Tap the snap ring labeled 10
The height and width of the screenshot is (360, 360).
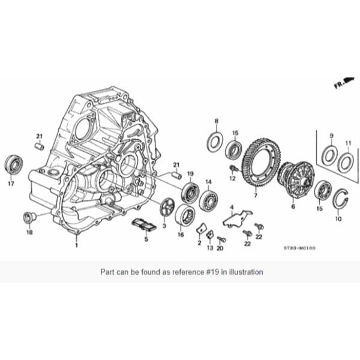(x=340, y=198)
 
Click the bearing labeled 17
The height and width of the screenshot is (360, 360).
(x=13, y=163)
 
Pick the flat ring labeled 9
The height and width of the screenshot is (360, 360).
(x=329, y=156)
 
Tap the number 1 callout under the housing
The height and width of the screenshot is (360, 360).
(x=77, y=245)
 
